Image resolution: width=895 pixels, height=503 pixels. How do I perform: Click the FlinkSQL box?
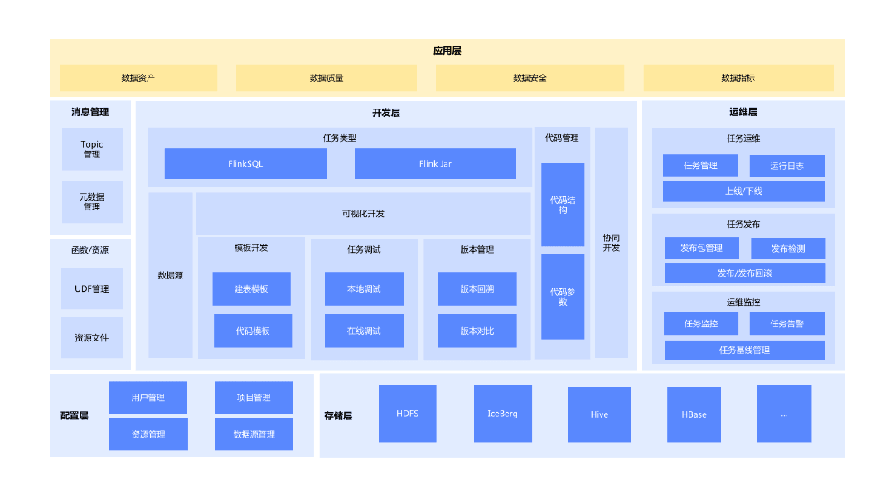[245, 164]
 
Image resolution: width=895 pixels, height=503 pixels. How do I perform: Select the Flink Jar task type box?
[435, 164]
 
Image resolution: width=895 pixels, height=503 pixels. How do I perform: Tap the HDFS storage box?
[407, 414]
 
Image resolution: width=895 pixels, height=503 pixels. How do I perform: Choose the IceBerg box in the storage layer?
[502, 414]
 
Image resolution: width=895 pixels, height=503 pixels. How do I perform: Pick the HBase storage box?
[694, 414]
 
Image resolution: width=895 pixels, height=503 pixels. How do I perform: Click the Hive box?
[599, 414]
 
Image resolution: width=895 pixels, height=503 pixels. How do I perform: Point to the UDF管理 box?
[91, 289]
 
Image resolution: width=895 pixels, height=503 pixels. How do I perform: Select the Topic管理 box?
[91, 149]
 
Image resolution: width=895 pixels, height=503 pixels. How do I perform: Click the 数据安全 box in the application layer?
[530, 78]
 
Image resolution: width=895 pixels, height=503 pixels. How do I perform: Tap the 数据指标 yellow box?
[738, 78]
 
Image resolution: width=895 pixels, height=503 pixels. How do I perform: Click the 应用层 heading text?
[447, 51]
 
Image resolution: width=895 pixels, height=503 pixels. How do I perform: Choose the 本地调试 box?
[364, 289]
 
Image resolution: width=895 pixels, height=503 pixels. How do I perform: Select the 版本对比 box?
[477, 331]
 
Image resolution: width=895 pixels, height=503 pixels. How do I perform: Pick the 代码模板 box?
[252, 331]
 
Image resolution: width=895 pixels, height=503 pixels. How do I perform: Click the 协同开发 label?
[611, 242]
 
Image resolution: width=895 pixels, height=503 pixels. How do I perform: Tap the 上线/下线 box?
[743, 191]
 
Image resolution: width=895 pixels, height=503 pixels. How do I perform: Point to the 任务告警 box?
[786, 324]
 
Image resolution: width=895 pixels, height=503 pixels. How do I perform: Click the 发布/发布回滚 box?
[744, 273]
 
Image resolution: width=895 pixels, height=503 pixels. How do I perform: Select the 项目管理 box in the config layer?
[254, 398]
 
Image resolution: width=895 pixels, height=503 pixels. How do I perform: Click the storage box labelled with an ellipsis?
[784, 414]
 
